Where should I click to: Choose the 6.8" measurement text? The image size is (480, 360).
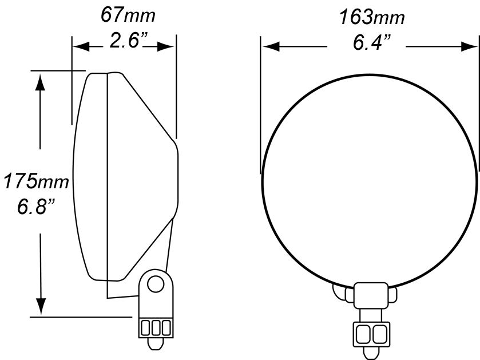coord(35,207)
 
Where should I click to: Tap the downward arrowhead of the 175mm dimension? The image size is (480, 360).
coord(40,304)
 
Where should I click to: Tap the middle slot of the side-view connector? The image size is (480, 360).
coord(154,327)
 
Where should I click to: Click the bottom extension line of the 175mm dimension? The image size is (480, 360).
coord(80,316)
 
